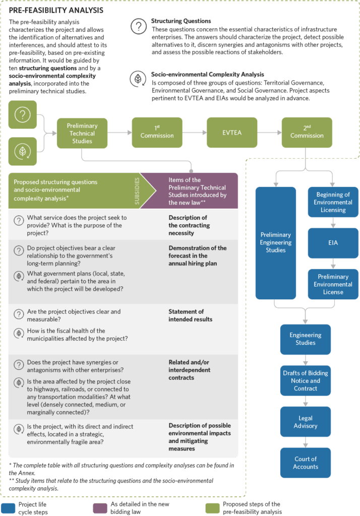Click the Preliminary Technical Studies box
(82, 134)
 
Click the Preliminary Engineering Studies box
(275, 242)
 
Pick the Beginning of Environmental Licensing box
(333, 202)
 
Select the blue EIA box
(333, 242)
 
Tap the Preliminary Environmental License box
(333, 284)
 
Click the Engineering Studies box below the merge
(306, 339)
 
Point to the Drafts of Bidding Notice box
(306, 381)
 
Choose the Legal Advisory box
(306, 422)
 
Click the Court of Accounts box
(306, 463)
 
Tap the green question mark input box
(22, 114)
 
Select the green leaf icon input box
(22, 151)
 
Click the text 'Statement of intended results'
(190, 315)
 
